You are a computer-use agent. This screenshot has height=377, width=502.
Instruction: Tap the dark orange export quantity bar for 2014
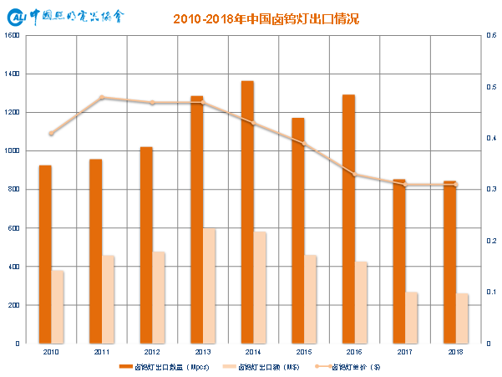[x=247, y=212]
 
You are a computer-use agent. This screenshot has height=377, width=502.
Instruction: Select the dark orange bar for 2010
[x=45, y=254]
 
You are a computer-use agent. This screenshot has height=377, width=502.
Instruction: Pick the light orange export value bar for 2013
[x=209, y=286]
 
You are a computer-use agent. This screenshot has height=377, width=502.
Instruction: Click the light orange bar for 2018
[x=462, y=318]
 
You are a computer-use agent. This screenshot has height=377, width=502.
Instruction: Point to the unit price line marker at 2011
[x=102, y=98]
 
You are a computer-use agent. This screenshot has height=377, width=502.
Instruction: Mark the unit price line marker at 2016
[x=354, y=175]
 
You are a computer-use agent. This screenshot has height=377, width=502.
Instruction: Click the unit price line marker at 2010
[x=51, y=134]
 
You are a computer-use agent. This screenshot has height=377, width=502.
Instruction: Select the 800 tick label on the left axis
[x=13, y=190]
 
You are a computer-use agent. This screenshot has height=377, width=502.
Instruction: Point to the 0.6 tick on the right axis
[x=490, y=36]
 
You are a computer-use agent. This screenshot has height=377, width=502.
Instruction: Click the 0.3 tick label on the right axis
[x=490, y=190]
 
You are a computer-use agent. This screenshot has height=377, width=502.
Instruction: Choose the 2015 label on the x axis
[x=304, y=353]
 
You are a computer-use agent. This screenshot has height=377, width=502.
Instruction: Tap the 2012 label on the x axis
[x=152, y=353]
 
